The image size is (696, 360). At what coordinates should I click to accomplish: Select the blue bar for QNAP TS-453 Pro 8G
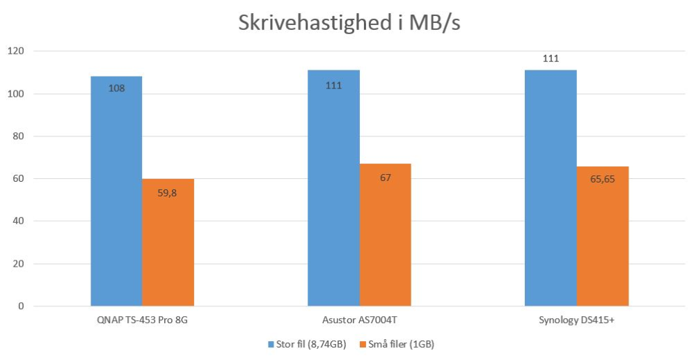(x=116, y=202)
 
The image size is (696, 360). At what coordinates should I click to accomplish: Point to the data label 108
(x=116, y=88)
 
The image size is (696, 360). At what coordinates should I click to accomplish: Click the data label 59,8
(x=168, y=193)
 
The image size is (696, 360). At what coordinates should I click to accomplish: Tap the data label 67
(x=386, y=178)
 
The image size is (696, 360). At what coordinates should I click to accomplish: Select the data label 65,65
(x=603, y=179)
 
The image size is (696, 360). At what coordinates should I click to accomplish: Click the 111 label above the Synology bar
(x=551, y=58)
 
